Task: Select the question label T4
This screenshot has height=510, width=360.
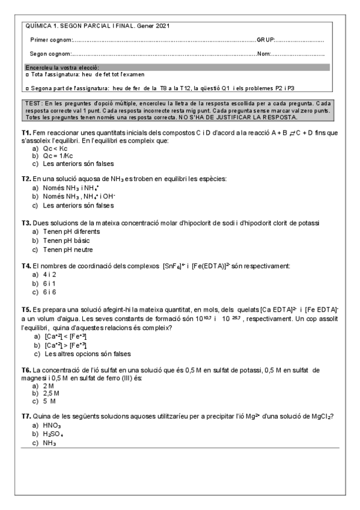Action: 26,265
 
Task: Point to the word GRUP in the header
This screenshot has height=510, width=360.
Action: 266,40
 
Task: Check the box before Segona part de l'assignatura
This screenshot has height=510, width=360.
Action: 28,88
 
